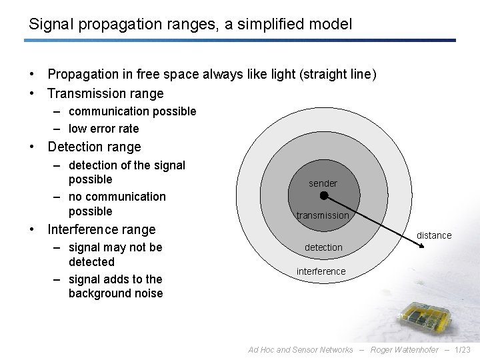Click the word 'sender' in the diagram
tap(323, 183)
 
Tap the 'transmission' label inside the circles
tap(323, 215)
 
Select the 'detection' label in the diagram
tap(323, 247)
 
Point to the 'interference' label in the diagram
tap(321, 271)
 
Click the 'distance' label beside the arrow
tap(434, 235)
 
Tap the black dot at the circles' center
tap(323, 196)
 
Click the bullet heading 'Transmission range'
tap(105, 93)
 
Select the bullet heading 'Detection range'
tap(95, 147)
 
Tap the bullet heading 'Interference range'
tap(101, 229)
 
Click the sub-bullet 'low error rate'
tap(103, 129)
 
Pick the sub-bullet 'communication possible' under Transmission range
tap(132, 111)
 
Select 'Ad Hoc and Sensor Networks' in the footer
tap(301, 349)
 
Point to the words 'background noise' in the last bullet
tap(115, 294)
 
